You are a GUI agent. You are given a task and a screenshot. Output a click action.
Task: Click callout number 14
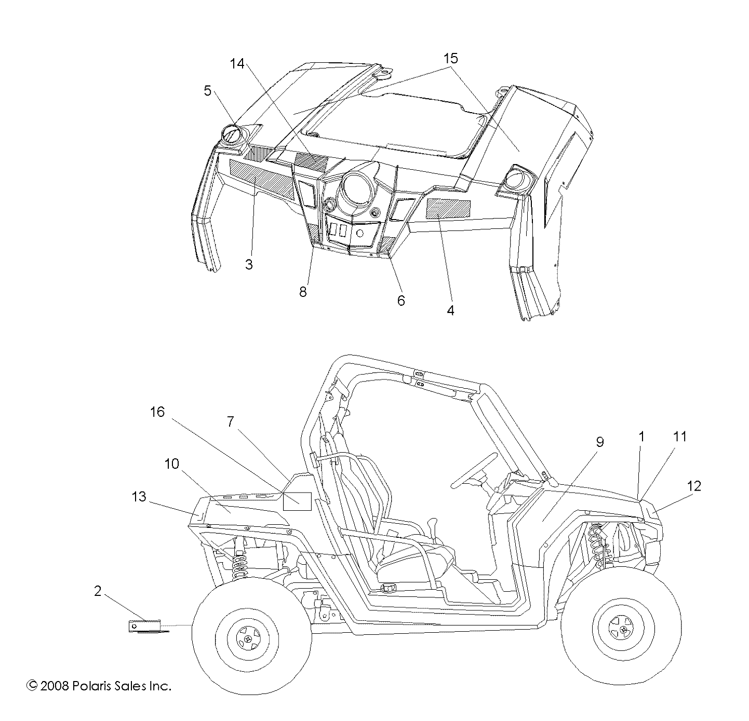[x=237, y=64]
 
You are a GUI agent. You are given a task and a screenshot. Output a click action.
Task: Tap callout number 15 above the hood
[x=450, y=59]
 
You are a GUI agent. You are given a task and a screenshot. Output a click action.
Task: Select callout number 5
[x=208, y=91]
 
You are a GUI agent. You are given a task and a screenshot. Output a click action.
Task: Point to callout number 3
[x=249, y=265]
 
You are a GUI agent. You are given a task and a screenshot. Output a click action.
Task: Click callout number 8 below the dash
[x=303, y=292]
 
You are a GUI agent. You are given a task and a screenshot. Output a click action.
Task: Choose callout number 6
[x=400, y=300]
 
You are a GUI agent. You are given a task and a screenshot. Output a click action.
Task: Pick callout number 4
[x=450, y=310]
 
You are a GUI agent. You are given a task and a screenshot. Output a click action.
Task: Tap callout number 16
[x=157, y=412]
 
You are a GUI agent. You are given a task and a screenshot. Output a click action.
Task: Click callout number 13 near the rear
[x=139, y=497]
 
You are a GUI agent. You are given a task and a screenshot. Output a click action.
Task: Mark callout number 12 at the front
[x=693, y=486]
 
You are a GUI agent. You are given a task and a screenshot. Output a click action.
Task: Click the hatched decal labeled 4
[x=448, y=209]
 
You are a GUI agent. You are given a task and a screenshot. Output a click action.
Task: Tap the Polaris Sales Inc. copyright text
[x=99, y=686]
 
